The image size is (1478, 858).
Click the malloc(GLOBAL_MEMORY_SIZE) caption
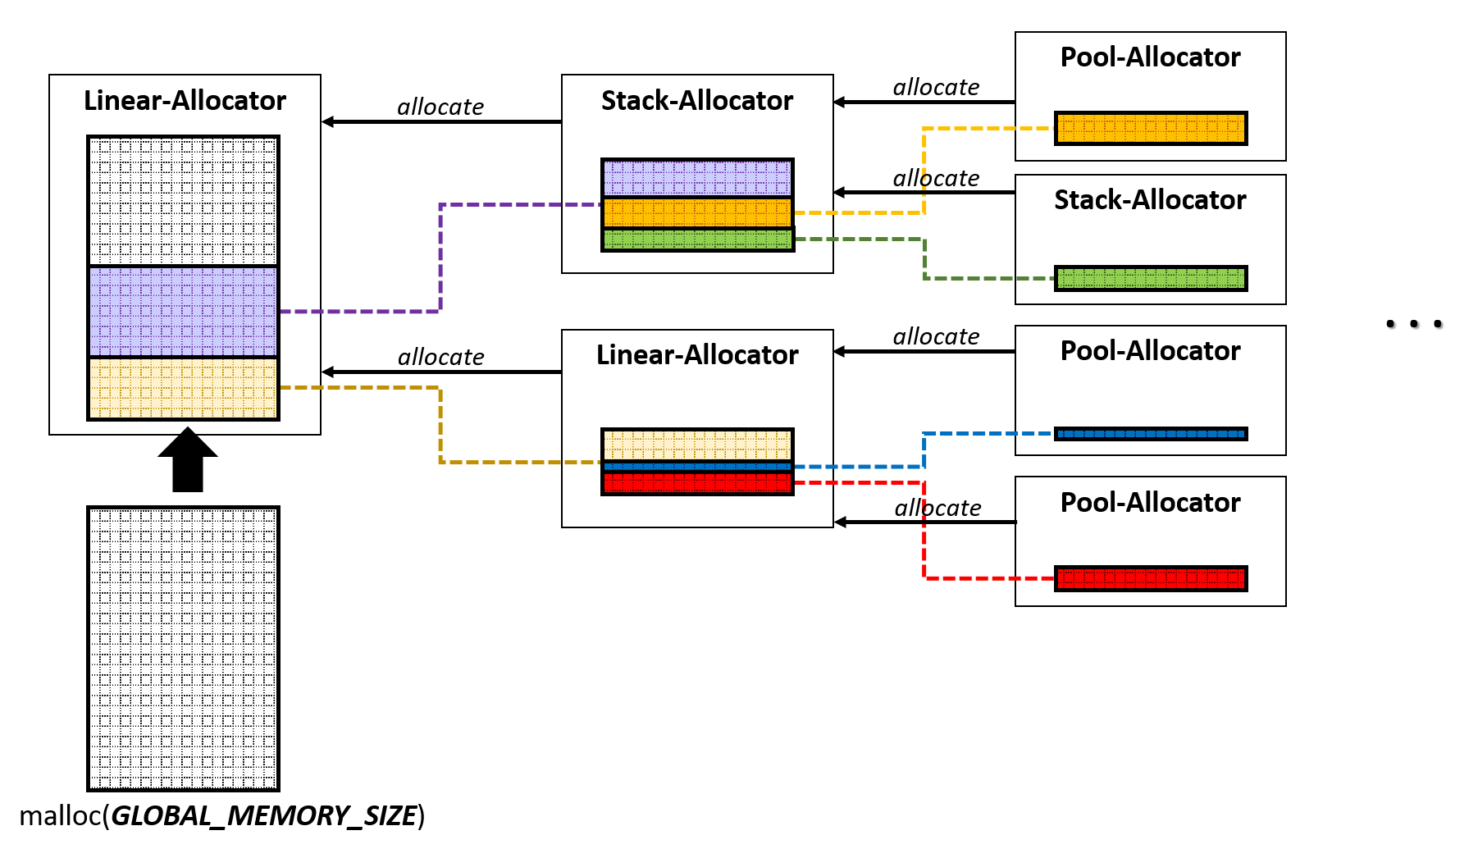tap(221, 816)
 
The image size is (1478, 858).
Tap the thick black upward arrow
tap(188, 460)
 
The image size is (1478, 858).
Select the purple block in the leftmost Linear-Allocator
tap(183, 312)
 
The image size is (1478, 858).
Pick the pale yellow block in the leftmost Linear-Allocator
tap(183, 388)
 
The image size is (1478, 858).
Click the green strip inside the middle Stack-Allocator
tap(697, 240)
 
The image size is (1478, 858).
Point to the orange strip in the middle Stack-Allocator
tap(697, 212)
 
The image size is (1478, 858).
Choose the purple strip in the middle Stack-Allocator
tap(697, 178)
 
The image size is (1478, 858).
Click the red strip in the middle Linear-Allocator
tap(697, 482)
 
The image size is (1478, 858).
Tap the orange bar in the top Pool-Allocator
tap(1151, 128)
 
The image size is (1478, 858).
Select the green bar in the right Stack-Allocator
tap(1151, 278)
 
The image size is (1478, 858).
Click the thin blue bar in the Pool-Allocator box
tap(1151, 433)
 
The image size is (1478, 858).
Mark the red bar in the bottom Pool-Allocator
tap(1151, 578)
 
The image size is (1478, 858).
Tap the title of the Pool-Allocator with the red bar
tap(1150, 502)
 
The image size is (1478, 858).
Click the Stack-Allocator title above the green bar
tap(1150, 199)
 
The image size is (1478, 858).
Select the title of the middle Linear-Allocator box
tap(697, 354)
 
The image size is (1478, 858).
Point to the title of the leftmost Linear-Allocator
tap(185, 100)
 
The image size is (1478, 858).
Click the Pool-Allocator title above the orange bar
tap(1150, 57)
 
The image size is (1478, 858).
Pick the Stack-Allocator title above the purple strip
tap(697, 100)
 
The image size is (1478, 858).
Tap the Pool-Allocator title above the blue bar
tap(1150, 350)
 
